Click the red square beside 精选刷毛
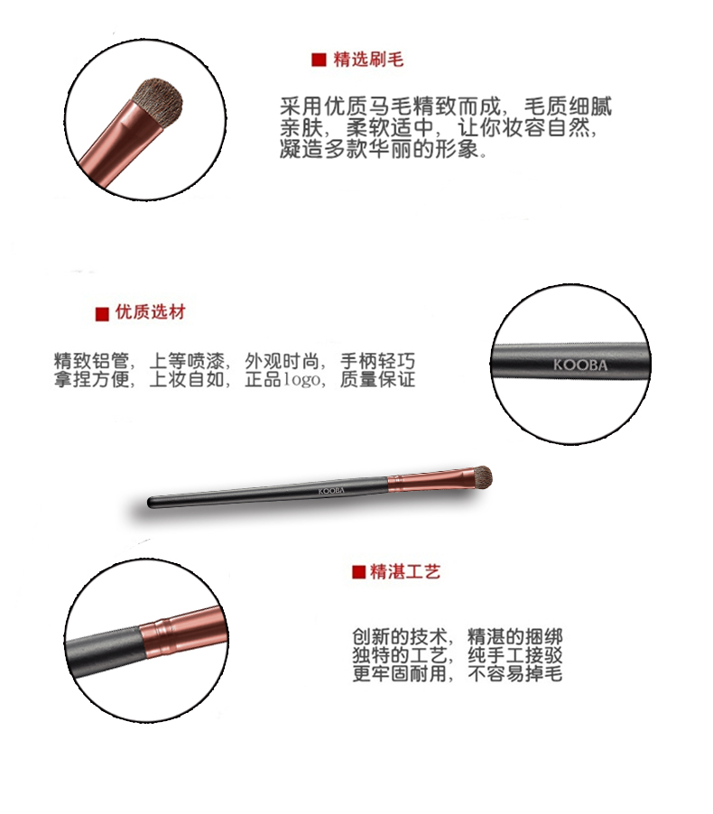[x=319, y=60]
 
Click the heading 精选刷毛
[x=368, y=60]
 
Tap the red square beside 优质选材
[x=102, y=313]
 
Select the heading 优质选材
[x=151, y=312]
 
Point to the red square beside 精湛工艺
[x=359, y=572]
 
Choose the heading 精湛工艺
[x=405, y=571]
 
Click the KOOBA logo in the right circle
[x=580, y=365]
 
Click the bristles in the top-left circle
[x=158, y=102]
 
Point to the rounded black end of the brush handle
[x=151, y=503]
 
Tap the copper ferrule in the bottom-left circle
[x=184, y=632]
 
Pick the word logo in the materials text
[x=301, y=380]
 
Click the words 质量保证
[x=377, y=380]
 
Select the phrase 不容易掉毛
[x=515, y=674]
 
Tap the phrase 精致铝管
[x=91, y=361]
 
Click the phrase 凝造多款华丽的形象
[x=379, y=149]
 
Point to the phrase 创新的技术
[x=400, y=636]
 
